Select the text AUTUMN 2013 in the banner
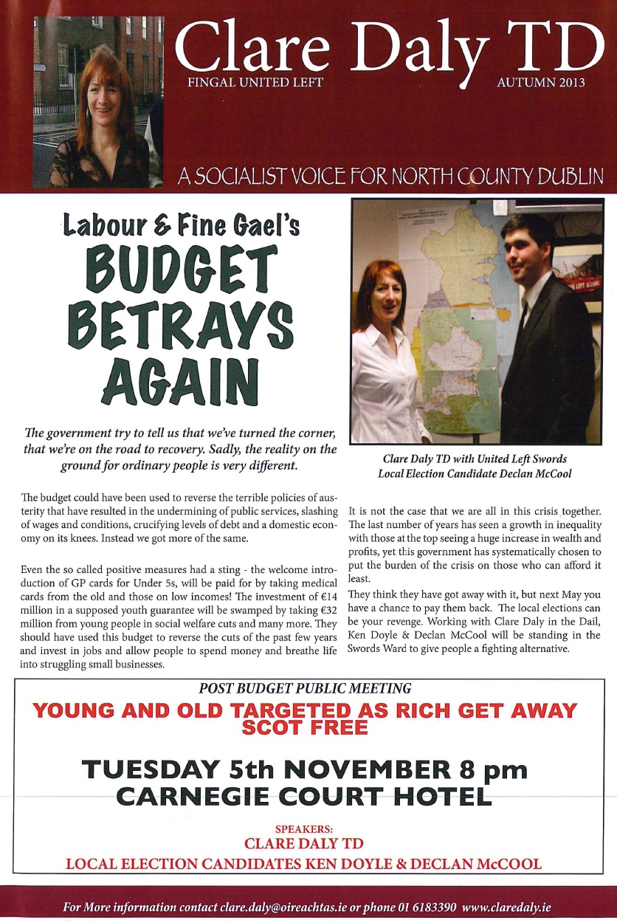click(x=540, y=82)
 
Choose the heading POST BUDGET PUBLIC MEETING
click(x=305, y=688)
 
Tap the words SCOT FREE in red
click(x=305, y=727)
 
